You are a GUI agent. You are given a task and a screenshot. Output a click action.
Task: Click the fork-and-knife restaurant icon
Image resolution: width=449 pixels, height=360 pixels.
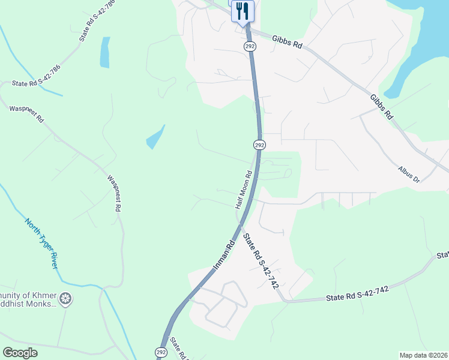coord(243,11)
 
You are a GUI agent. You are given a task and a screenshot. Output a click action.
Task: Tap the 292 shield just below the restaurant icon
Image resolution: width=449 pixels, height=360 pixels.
coord(249,46)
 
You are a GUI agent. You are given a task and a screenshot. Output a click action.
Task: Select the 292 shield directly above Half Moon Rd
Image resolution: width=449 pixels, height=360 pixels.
coord(259,145)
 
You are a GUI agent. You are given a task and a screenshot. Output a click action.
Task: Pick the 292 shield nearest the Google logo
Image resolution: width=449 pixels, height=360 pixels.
coord(161,352)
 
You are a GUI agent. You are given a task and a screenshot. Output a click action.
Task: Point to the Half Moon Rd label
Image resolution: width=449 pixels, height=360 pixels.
coord(243,189)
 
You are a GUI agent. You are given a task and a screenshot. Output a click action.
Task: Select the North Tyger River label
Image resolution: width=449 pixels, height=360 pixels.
coord(41,242)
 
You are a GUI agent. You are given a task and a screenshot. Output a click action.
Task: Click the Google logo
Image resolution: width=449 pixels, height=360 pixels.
coord(20,353)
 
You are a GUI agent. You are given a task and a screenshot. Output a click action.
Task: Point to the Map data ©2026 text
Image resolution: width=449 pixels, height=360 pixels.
coord(423,355)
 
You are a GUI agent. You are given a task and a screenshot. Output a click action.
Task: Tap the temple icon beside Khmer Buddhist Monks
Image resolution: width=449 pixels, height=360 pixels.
coord(66,298)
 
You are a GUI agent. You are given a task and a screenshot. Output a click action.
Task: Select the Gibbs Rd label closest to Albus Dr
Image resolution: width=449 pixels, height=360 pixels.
coord(381,106)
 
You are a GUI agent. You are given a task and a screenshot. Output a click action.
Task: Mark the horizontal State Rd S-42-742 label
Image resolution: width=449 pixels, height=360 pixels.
coord(358,293)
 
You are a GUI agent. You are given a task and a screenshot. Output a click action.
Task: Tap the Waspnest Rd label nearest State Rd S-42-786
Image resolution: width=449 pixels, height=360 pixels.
coord(27,115)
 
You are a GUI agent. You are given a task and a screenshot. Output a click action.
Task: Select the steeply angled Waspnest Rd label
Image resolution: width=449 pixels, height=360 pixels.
coord(114,194)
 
